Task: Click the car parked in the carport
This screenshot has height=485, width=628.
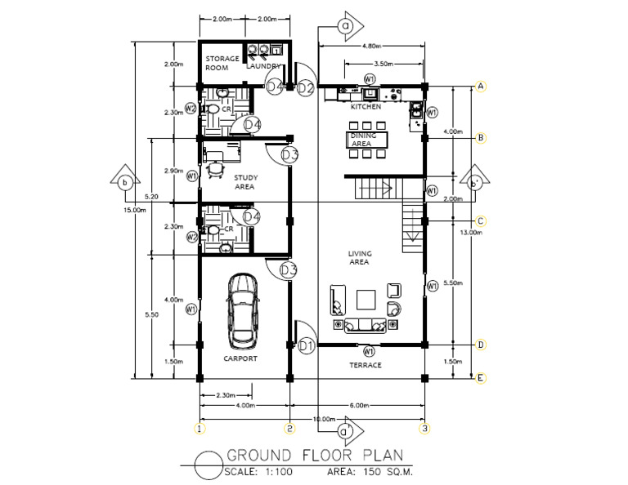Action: click(243, 309)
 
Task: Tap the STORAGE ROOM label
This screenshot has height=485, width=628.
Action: click(222, 64)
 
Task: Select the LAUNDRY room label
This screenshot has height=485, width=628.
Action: click(263, 67)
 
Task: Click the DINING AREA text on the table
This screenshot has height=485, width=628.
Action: click(361, 140)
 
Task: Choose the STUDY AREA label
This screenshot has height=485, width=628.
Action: click(246, 181)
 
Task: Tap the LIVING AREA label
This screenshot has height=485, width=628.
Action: click(360, 258)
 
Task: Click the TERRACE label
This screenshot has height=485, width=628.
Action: click(366, 365)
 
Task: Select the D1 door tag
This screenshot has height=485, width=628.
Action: click(306, 346)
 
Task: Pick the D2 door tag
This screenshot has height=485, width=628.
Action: click(306, 87)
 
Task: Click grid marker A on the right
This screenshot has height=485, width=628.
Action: click(482, 87)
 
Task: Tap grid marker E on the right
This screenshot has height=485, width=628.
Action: click(482, 377)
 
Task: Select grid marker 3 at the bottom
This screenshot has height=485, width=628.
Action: click(424, 427)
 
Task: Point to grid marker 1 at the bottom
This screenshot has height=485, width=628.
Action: click(198, 427)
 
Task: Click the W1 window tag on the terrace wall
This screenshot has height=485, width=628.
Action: click(369, 351)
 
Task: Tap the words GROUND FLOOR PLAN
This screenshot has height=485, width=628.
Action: click(314, 456)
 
